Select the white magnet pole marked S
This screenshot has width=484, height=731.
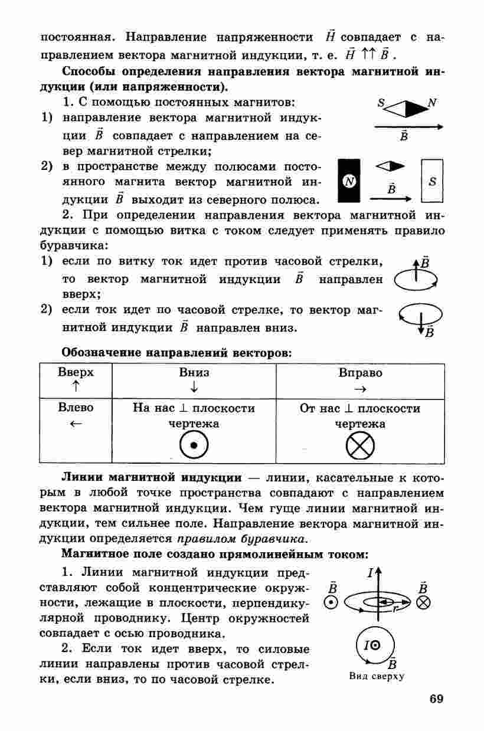(x=432, y=182)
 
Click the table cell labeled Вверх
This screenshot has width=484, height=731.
(x=76, y=380)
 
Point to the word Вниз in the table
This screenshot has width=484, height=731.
(x=194, y=373)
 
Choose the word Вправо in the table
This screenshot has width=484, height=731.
(x=360, y=373)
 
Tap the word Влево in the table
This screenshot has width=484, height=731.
(x=76, y=408)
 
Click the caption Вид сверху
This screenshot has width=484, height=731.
(x=376, y=676)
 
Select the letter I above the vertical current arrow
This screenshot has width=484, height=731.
(x=370, y=572)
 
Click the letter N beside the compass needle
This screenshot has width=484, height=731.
(x=432, y=102)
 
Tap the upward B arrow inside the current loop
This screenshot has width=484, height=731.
(x=417, y=273)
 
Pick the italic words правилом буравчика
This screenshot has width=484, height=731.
(x=241, y=539)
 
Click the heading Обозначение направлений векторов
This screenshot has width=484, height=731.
(x=176, y=353)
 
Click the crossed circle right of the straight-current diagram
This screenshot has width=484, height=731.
(x=423, y=602)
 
